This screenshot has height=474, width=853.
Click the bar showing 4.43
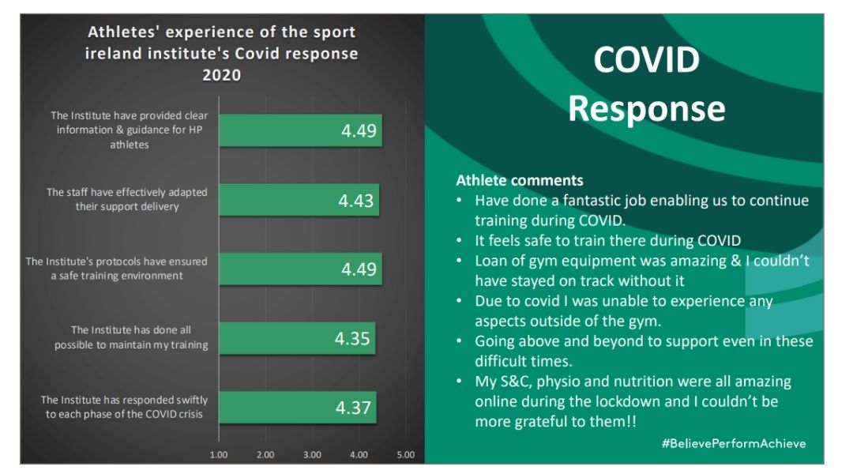[x=299, y=200]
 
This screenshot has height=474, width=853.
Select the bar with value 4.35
[x=297, y=338]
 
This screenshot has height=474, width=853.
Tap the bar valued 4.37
[x=298, y=407]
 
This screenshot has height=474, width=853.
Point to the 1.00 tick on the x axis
[x=219, y=455]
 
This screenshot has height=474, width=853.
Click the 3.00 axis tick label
[x=312, y=455]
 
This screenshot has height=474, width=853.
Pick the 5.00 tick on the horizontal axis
[x=406, y=455]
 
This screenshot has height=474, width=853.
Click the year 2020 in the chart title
[x=221, y=74]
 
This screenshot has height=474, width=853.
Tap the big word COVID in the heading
[x=646, y=59]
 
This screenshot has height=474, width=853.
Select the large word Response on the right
[x=646, y=109]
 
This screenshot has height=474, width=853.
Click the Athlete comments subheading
[x=520, y=180]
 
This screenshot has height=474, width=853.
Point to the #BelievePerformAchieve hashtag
[x=734, y=443]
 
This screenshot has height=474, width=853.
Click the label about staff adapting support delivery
[x=126, y=199]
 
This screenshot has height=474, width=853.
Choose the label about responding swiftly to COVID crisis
[x=124, y=407]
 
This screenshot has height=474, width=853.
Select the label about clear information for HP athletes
[x=129, y=130]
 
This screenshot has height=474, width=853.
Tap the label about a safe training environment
[x=116, y=269]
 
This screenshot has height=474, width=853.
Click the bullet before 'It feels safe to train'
[x=459, y=240]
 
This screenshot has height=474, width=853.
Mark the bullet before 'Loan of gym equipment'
[x=459, y=260]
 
